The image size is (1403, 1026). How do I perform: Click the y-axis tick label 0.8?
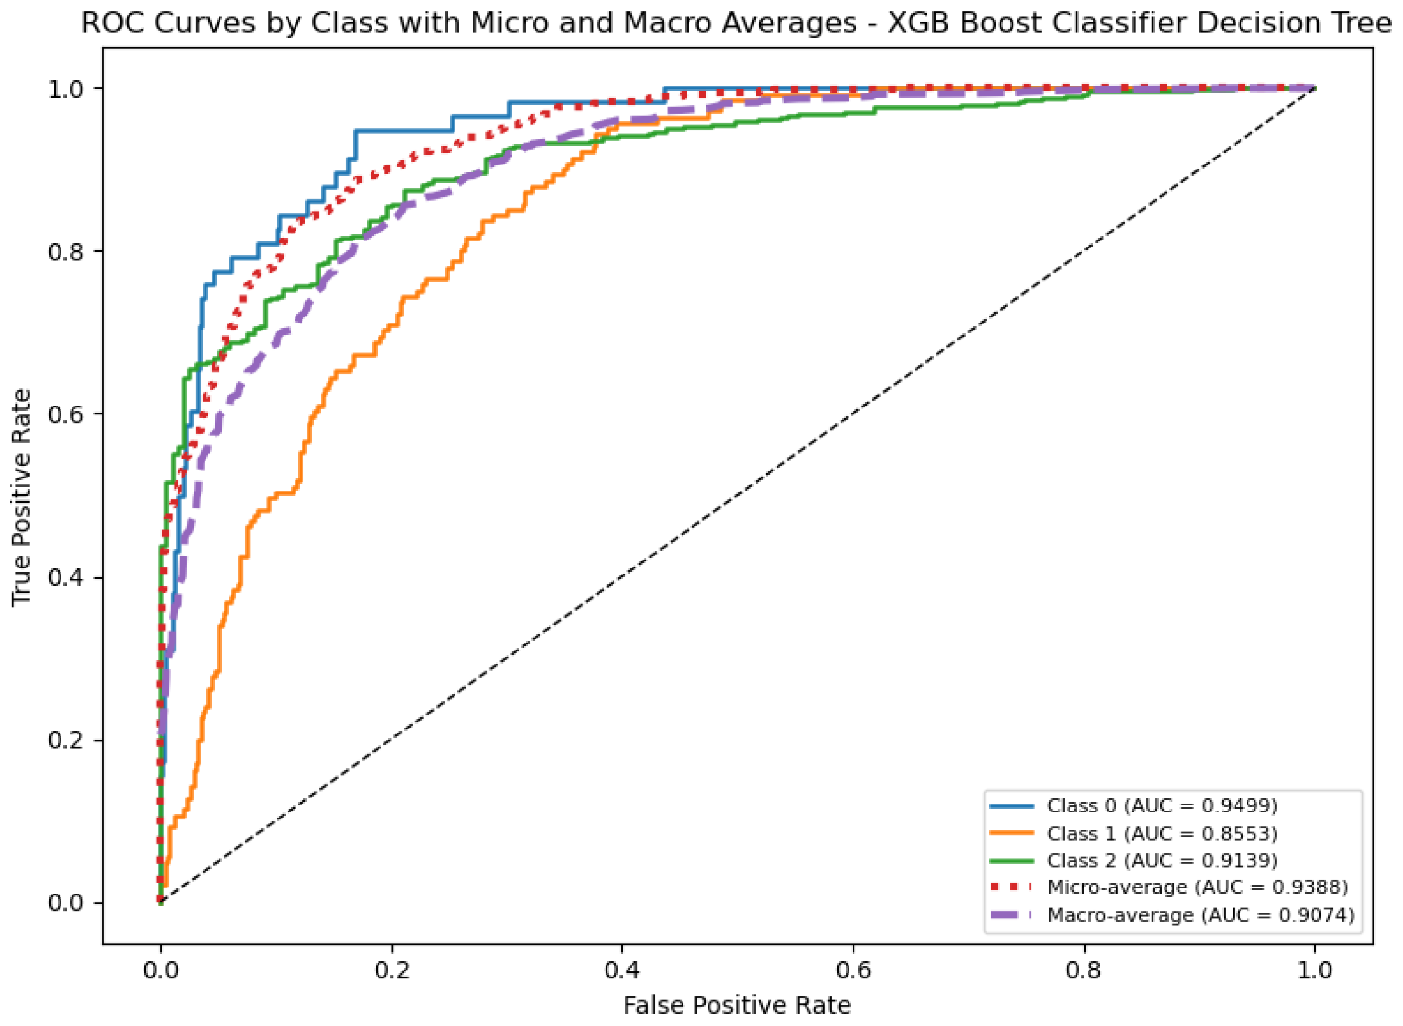(x=66, y=252)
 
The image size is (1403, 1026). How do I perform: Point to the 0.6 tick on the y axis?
(x=66, y=414)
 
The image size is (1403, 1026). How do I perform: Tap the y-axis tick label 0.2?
(x=66, y=740)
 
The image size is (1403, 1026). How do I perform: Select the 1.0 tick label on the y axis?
(x=66, y=89)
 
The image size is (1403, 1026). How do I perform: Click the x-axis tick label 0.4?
(x=622, y=970)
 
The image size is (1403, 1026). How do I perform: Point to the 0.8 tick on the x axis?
(x=1084, y=970)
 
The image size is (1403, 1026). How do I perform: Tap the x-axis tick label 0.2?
(x=391, y=970)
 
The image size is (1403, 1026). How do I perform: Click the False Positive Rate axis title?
(x=737, y=1006)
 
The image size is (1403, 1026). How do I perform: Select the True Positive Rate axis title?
(x=21, y=497)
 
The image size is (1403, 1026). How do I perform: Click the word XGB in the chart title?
(x=920, y=23)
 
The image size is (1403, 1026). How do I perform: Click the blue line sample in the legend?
(x=1012, y=806)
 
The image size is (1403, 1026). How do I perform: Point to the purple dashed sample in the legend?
(x=1012, y=915)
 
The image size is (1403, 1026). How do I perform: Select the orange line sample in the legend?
(x=1012, y=833)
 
